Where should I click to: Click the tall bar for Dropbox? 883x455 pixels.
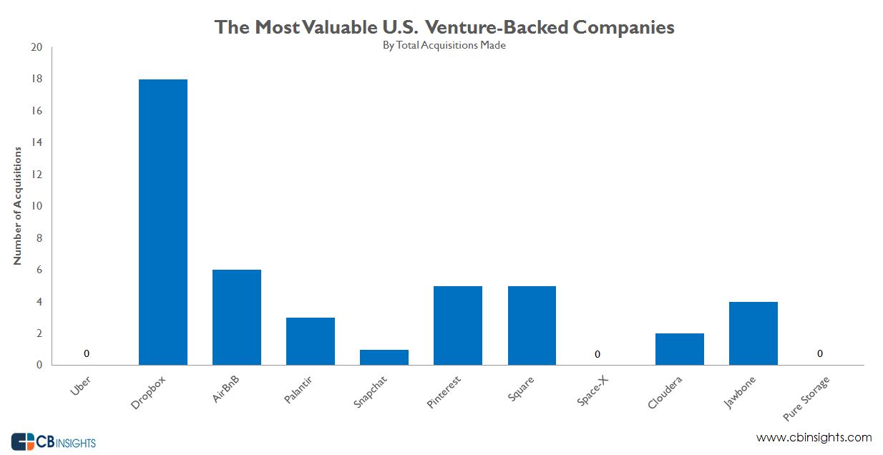pyautogui.click(x=163, y=222)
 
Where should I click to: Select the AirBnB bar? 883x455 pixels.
pyautogui.click(x=237, y=317)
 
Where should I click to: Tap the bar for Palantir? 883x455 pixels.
pyautogui.click(x=311, y=341)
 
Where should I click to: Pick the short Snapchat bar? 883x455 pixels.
pyautogui.click(x=384, y=357)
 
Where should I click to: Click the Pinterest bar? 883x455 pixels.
pyautogui.click(x=458, y=326)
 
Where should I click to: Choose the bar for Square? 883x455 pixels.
pyautogui.click(x=532, y=326)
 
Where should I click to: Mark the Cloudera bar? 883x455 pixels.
pyautogui.click(x=679, y=349)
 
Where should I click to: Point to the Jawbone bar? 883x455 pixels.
pyautogui.click(x=753, y=333)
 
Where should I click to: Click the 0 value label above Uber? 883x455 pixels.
pyautogui.click(x=87, y=353)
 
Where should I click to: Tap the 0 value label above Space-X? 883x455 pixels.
pyautogui.click(x=597, y=354)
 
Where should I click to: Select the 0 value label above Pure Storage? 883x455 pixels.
pyautogui.click(x=820, y=353)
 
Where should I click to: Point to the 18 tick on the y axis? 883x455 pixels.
pyautogui.click(x=37, y=79)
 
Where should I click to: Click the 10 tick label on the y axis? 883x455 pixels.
pyautogui.click(x=37, y=206)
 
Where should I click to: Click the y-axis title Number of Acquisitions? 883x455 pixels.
pyautogui.click(x=18, y=206)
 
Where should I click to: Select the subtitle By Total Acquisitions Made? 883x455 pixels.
pyautogui.click(x=444, y=45)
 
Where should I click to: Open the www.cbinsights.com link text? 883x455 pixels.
pyautogui.click(x=814, y=437)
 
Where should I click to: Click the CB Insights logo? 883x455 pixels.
pyautogui.click(x=53, y=441)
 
